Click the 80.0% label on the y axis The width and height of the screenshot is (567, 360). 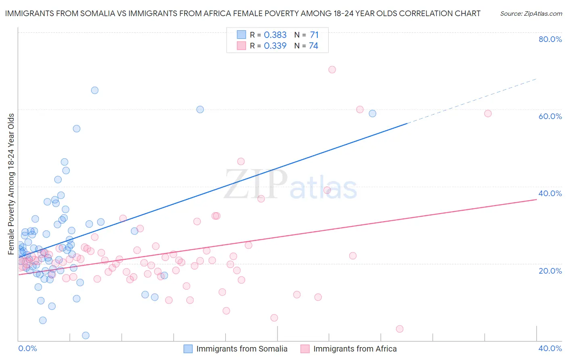pyautogui.click(x=550, y=39)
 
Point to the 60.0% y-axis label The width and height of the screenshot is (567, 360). pyautogui.click(x=550, y=116)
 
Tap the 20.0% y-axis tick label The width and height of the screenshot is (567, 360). pyautogui.click(x=550, y=270)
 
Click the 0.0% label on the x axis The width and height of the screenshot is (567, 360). pyautogui.click(x=27, y=348)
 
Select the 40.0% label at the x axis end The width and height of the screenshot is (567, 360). pyautogui.click(x=550, y=348)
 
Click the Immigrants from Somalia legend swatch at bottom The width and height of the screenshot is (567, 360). pyautogui.click(x=188, y=349)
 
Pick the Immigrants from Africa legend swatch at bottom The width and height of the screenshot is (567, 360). pyautogui.click(x=305, y=349)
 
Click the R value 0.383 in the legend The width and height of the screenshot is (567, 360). pyautogui.click(x=275, y=35)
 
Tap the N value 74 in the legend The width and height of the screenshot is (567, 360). pyautogui.click(x=313, y=46)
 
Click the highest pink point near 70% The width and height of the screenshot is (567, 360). pyautogui.click(x=332, y=69)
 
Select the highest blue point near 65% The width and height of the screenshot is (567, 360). pyautogui.click(x=95, y=90)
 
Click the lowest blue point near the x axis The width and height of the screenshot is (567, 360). pyautogui.click(x=85, y=335)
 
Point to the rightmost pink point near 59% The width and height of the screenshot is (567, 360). pyautogui.click(x=488, y=113)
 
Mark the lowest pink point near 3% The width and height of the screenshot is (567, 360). pyautogui.click(x=400, y=329)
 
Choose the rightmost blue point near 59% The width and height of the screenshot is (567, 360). pyautogui.click(x=373, y=113)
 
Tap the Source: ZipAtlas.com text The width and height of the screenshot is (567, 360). pyautogui.click(x=531, y=13)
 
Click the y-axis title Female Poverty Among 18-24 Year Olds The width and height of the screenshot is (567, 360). pyautogui.click(x=11, y=184)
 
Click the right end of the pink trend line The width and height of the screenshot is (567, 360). pyautogui.click(x=536, y=199)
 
